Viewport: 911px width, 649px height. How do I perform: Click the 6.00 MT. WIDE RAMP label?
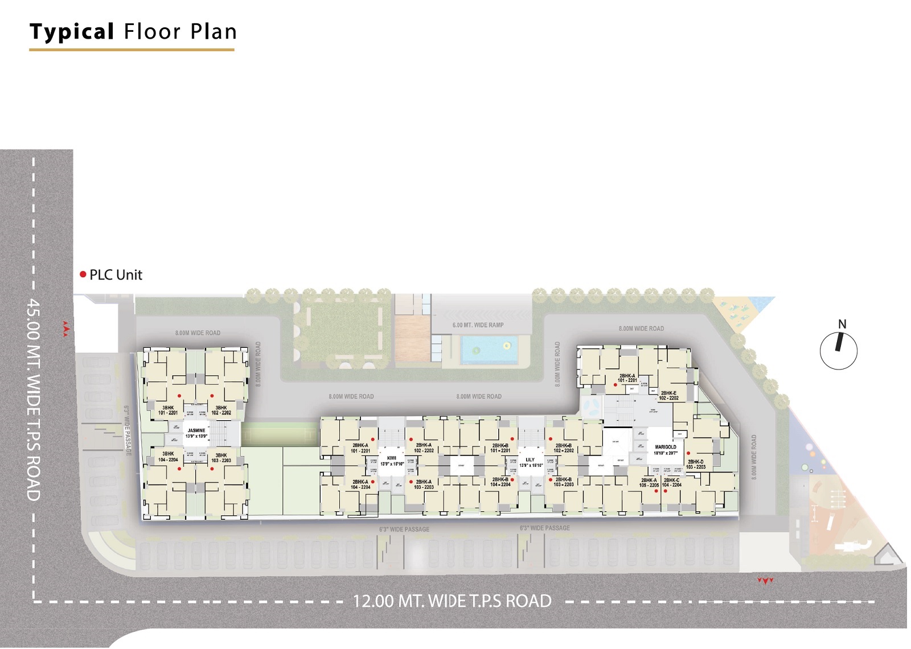(x=478, y=325)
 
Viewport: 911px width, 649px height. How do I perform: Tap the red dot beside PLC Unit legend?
(x=83, y=274)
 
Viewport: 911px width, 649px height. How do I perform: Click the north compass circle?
(x=838, y=351)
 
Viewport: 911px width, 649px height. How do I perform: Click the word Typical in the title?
(x=72, y=32)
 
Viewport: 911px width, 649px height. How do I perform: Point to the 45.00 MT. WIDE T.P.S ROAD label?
(x=34, y=399)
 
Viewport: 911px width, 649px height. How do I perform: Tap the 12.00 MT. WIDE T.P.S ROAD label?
(x=452, y=601)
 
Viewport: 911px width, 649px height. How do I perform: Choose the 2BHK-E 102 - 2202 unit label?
(x=668, y=396)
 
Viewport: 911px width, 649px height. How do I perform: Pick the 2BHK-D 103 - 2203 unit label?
(x=695, y=465)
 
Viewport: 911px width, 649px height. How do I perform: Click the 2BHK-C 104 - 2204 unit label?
(x=671, y=483)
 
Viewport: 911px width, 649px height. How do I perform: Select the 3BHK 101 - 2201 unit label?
(x=168, y=410)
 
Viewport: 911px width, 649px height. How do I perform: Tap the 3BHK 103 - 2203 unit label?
(x=221, y=458)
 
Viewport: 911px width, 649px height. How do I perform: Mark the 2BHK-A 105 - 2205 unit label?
(x=649, y=483)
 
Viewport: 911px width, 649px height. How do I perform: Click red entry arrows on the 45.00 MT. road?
(x=65, y=329)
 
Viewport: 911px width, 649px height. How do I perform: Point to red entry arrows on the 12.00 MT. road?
(x=765, y=581)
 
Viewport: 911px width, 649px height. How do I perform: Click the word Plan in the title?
(x=214, y=32)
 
